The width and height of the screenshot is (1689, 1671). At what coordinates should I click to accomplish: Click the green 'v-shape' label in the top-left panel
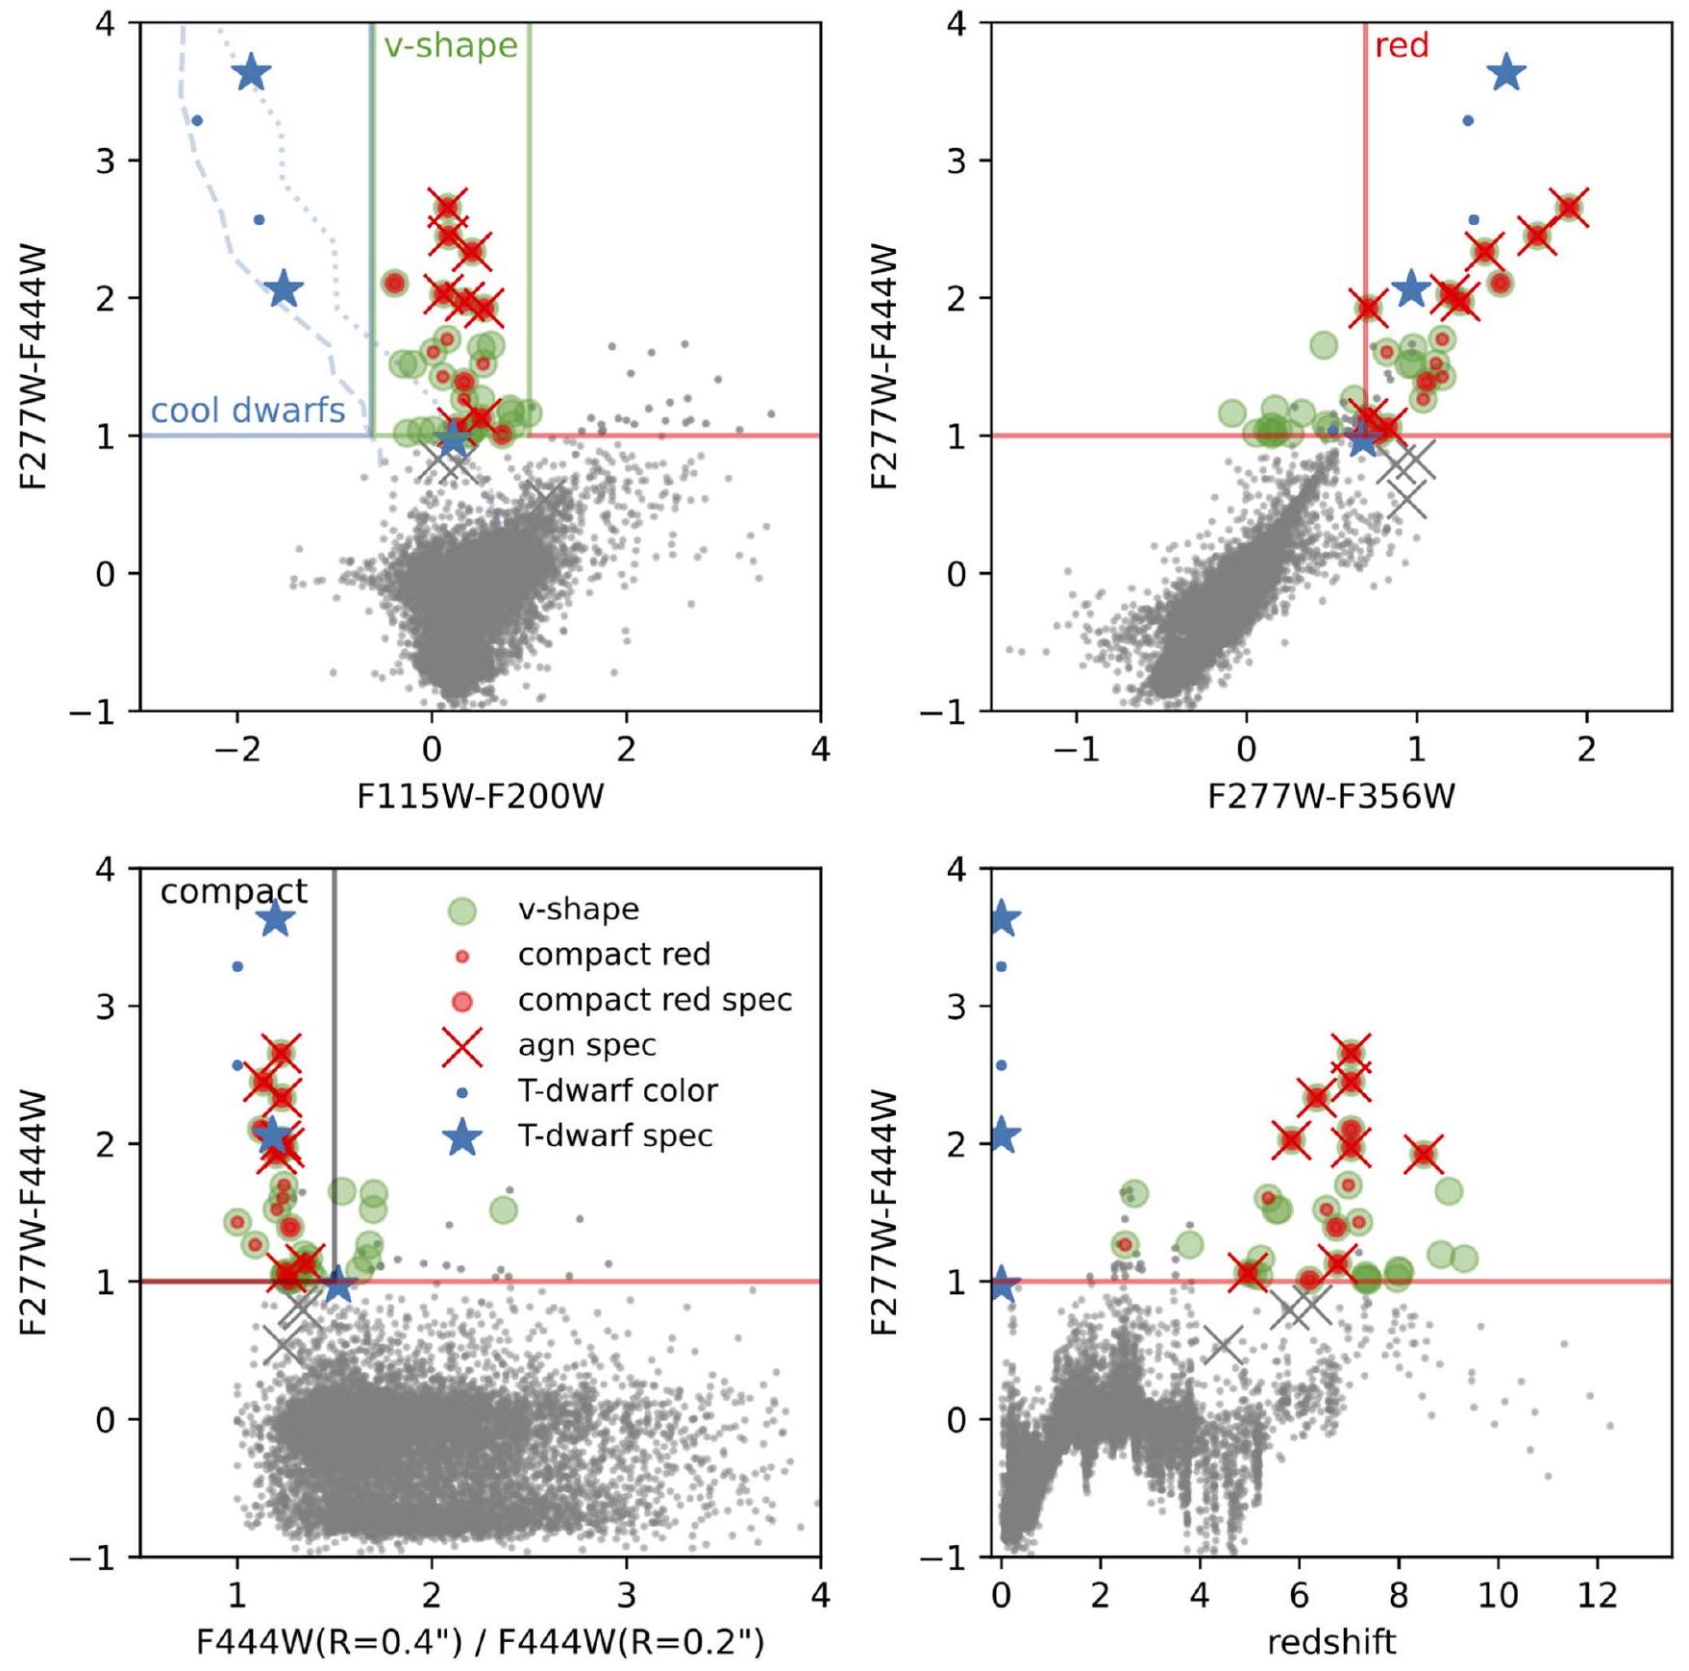450,45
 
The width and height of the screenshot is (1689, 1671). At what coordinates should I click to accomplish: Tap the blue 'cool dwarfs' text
247,411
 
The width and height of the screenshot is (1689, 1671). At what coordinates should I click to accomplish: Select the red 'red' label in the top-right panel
1402,45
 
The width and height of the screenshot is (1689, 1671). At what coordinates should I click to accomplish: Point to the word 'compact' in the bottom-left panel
234,891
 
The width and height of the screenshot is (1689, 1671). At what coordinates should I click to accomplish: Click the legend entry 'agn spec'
586,1045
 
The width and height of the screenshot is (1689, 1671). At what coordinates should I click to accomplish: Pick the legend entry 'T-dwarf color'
617,1090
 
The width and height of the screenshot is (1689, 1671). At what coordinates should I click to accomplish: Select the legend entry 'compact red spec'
655,1000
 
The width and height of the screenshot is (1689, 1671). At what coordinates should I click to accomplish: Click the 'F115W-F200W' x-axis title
480,796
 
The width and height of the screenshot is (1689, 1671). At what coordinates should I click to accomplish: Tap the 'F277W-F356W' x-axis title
1330,796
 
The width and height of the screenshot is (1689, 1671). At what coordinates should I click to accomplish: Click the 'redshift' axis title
1330,1642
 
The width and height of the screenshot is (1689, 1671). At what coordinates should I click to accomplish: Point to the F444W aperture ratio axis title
480,1642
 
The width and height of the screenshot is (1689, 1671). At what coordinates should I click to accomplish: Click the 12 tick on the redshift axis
1598,1596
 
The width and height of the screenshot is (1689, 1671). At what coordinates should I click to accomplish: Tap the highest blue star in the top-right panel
1506,72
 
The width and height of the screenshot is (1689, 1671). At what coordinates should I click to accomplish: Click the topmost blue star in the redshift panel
1002,918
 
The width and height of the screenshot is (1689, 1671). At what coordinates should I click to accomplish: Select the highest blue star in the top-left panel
252,72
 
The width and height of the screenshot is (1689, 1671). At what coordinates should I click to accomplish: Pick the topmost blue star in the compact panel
276,918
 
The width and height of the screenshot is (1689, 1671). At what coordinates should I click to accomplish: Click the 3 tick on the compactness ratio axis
626,1596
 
